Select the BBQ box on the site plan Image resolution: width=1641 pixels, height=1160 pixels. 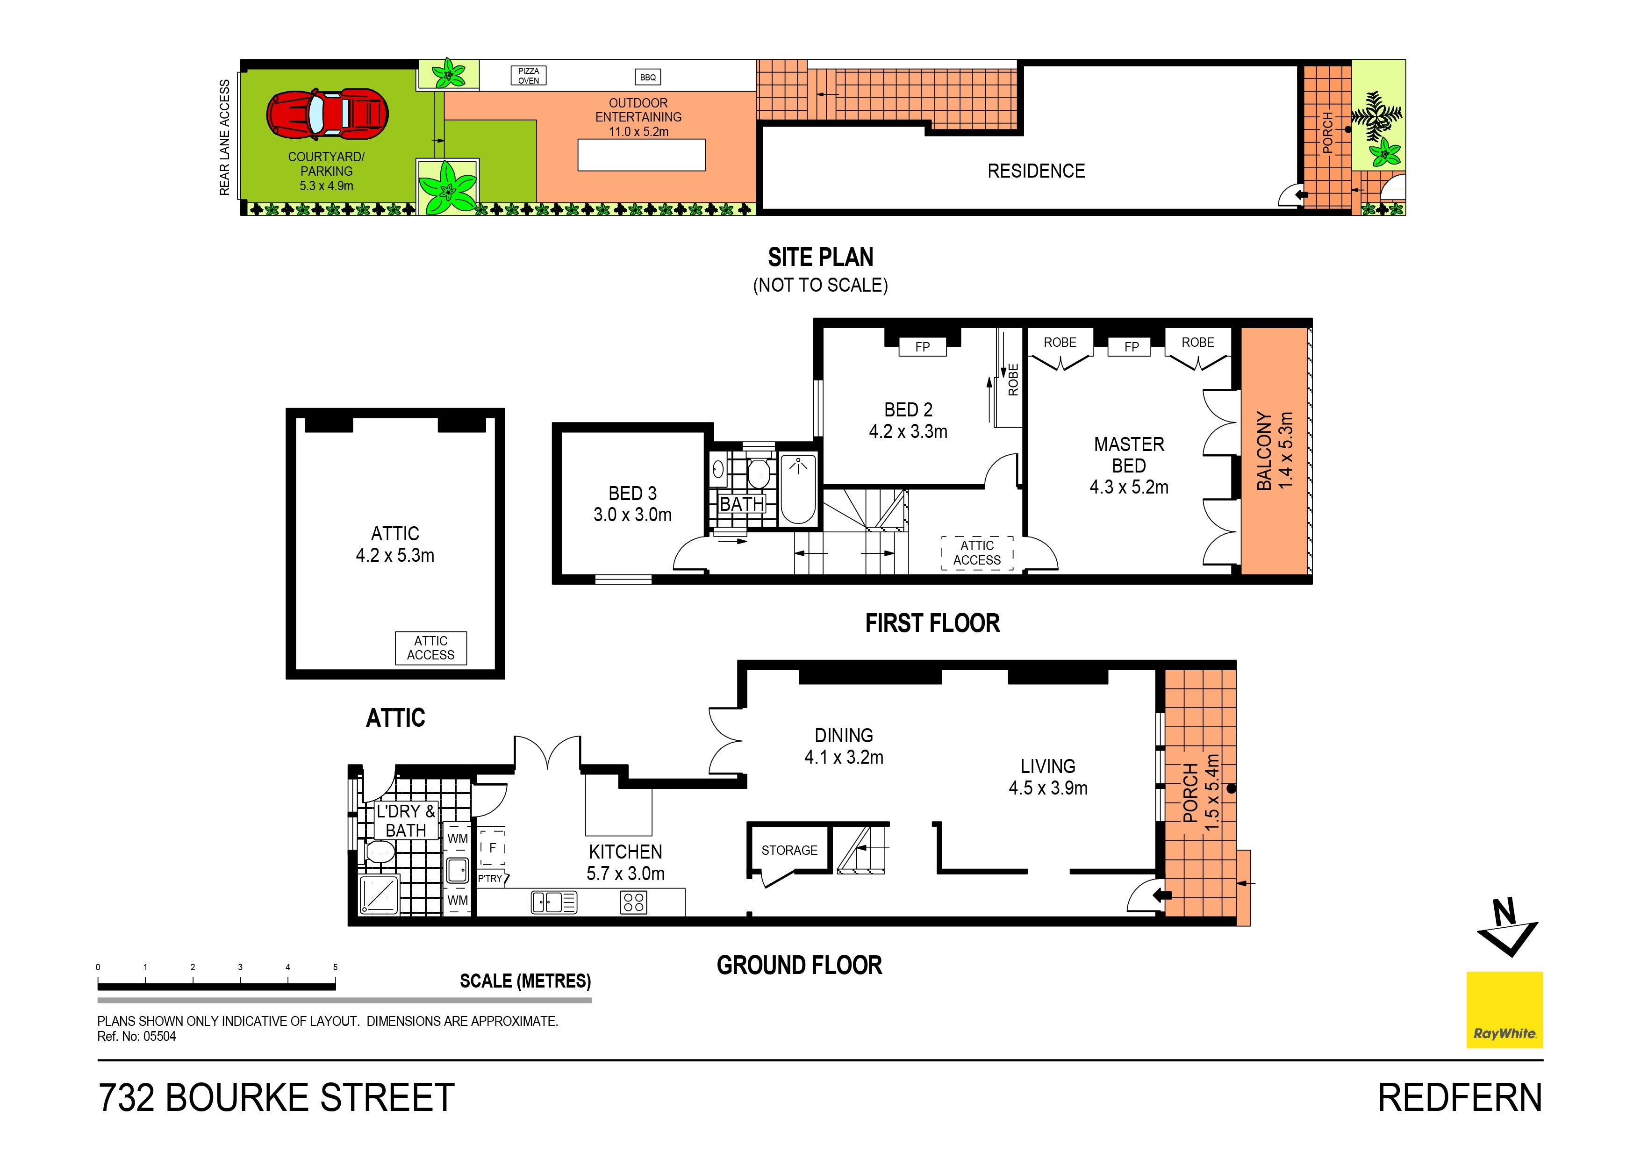(x=647, y=77)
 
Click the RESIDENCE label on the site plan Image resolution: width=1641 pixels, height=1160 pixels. (x=1036, y=171)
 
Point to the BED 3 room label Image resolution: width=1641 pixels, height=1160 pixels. (x=632, y=504)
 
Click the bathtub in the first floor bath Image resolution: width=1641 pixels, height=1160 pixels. (x=798, y=490)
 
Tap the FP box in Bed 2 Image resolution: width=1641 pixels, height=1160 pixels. (x=922, y=347)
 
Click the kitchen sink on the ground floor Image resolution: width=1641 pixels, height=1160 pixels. (x=554, y=902)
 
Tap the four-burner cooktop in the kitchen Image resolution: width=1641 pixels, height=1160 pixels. (x=634, y=902)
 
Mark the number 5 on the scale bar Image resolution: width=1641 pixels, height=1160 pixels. (x=335, y=967)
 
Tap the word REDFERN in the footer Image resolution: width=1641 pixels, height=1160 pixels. (x=1460, y=1098)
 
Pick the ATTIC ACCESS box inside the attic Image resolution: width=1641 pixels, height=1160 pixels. (x=430, y=648)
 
